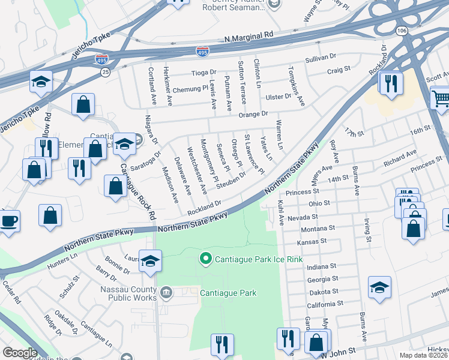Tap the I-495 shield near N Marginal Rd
203,52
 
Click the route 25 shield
106,72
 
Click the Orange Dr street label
253,113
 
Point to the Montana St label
318,229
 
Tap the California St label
324,304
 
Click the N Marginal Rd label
249,37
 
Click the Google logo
20,353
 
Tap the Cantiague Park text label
229,293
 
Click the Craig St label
339,70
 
